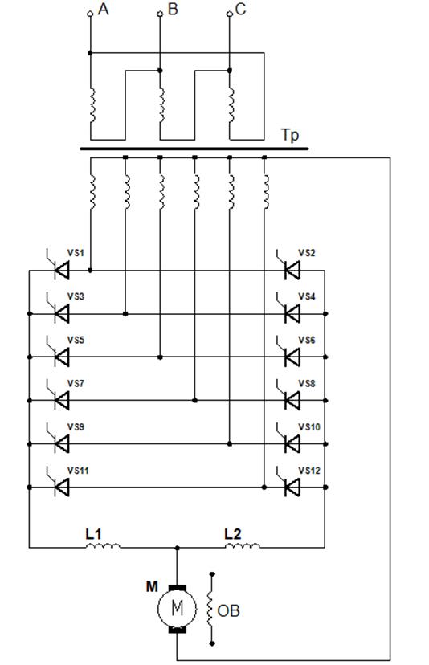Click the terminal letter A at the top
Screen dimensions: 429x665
[x=103, y=9]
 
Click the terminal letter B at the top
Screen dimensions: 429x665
[x=173, y=9]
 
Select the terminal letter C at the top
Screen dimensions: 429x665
[x=240, y=9]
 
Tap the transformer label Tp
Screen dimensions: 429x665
[x=290, y=136]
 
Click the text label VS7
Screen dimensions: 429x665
[x=76, y=383]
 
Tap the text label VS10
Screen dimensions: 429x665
[x=309, y=426]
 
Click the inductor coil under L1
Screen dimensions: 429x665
[x=103, y=545]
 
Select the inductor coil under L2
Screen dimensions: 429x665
[x=243, y=545]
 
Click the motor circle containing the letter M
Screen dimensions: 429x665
[x=177, y=609]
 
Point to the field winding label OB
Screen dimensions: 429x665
[x=228, y=610]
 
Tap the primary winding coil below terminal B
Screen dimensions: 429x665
[x=161, y=104]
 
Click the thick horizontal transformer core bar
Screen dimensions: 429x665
[x=194, y=149]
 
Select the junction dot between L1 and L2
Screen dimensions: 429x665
[x=178, y=548]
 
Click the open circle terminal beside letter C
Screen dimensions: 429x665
[x=230, y=14]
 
